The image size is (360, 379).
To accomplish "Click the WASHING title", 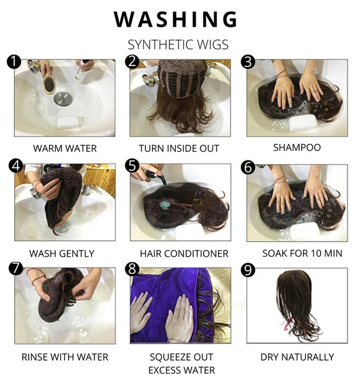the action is coord(175,19).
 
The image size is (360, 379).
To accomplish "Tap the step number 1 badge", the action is coord(14,61).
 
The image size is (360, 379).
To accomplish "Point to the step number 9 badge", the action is coord(248,270).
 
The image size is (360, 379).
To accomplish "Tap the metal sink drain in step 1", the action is coord(63,99).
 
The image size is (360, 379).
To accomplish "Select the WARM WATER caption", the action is coord(65,148).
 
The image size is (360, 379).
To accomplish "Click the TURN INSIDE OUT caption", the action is coord(179,148).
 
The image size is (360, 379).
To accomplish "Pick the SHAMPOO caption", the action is coord(297,147).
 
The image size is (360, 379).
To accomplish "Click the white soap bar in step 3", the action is coord(303,123).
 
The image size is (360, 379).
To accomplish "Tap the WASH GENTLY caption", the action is coord(61,253).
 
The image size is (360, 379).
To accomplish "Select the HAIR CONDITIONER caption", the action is coord(184,253).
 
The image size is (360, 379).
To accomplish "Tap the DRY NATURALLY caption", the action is coord(297,357).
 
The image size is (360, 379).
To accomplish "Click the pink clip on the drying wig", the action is coord(289,324).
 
